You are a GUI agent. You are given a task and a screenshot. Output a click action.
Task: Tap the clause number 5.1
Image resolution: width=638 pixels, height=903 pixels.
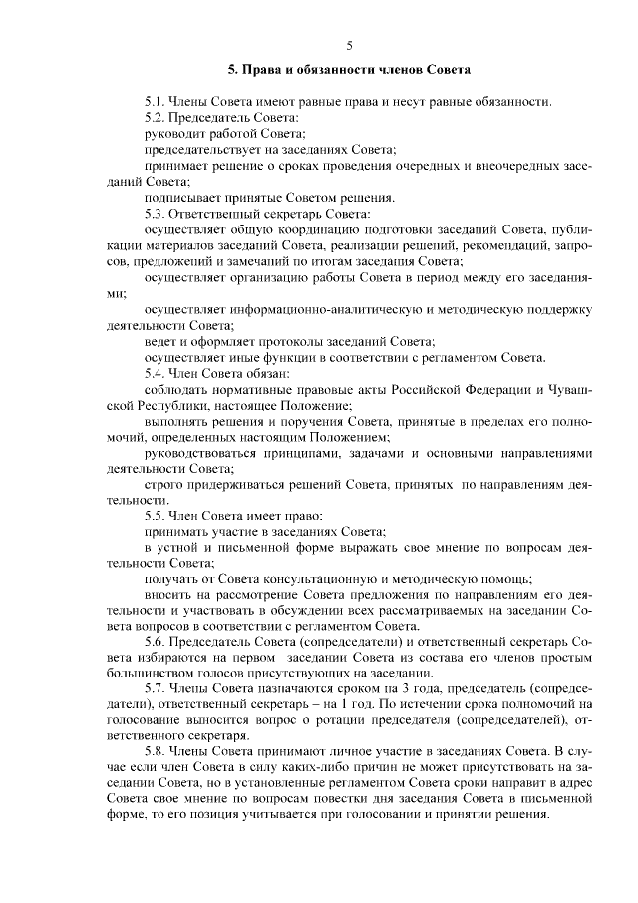(153, 103)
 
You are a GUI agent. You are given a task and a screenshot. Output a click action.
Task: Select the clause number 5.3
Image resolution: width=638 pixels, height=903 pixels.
(153, 214)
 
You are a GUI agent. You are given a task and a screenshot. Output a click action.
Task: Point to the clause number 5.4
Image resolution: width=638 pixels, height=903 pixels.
(153, 372)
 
